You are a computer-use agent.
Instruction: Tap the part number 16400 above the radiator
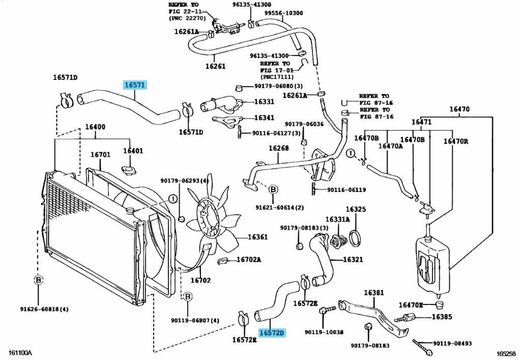95,127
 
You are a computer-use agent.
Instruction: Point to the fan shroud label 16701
100,155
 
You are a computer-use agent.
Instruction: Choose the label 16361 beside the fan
257,237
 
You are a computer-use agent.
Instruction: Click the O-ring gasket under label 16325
356,237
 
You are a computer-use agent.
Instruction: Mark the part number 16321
353,260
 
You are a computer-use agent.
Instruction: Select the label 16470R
455,142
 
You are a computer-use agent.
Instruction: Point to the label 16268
279,149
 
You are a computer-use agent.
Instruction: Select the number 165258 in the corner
507,353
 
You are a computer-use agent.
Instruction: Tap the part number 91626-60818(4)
38,310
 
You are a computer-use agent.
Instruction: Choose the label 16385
442,317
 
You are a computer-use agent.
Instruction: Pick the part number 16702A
248,260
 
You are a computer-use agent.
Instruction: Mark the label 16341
264,118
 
